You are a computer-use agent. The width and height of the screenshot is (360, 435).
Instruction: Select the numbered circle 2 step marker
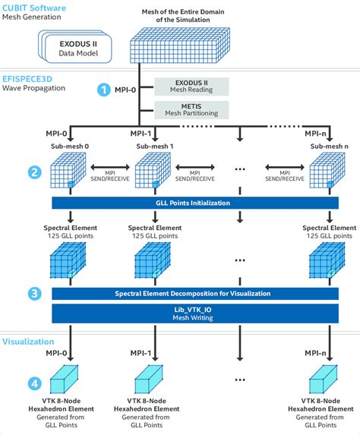(34, 172)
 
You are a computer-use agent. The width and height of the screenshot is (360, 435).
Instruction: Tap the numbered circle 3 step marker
(34, 292)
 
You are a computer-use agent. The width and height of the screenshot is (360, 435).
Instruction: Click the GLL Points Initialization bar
(192, 203)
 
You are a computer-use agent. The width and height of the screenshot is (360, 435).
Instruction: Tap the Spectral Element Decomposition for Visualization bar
(192, 292)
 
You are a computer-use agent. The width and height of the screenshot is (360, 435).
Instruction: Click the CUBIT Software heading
(36, 8)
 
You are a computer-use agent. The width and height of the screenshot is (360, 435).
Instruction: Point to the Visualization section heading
(29, 342)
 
